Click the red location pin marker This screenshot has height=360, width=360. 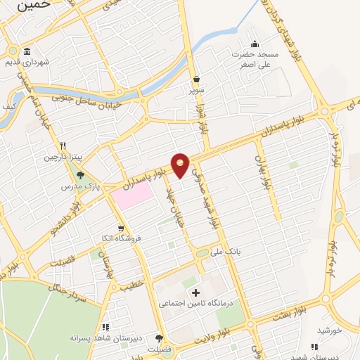click(181, 165)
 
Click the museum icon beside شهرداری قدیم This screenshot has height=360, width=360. click(26, 52)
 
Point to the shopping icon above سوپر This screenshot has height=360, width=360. click(195, 79)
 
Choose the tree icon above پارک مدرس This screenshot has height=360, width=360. click(80, 175)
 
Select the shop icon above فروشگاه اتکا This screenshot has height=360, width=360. click(122, 228)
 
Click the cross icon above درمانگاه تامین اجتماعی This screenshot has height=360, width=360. click(195, 292)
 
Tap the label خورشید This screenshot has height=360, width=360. click(328, 330)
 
